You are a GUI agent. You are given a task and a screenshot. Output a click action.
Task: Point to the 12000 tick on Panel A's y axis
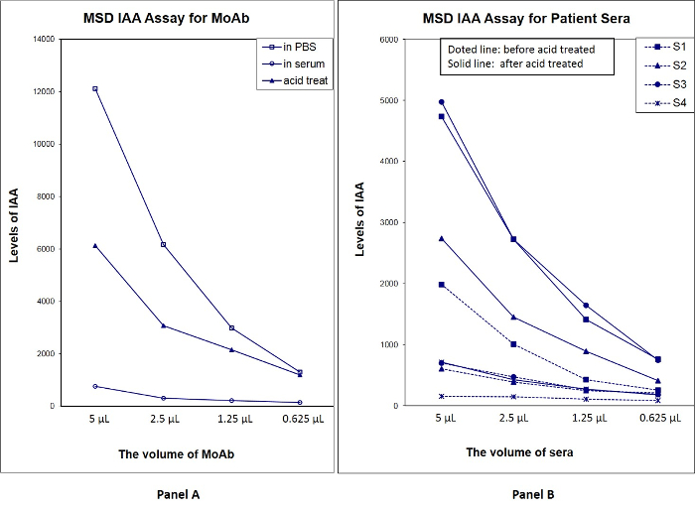tap(43, 91)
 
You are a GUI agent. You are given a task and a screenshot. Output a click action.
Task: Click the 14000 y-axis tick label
tap(43, 39)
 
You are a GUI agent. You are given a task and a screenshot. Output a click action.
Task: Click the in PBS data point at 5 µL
tap(95, 88)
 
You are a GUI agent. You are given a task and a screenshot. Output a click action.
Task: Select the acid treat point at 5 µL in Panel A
tap(95, 245)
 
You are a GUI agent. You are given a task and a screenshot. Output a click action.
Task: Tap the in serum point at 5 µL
tap(95, 386)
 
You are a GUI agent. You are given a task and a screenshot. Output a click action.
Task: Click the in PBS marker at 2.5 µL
tap(164, 244)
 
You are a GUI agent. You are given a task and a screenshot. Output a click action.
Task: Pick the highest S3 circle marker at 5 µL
tap(441, 101)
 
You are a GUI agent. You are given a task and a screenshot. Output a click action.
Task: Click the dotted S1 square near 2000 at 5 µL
tap(441, 284)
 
